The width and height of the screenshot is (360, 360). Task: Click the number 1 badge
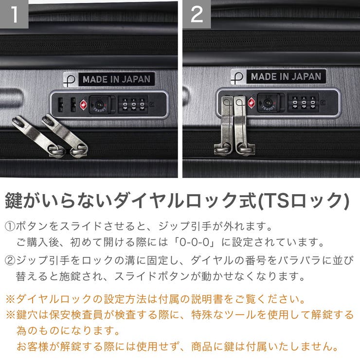(x=14, y=14)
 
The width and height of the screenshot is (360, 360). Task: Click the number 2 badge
(x=197, y=14)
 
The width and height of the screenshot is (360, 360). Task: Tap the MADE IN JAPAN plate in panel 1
(x=115, y=79)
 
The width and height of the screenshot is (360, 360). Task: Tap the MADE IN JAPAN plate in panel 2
(x=286, y=76)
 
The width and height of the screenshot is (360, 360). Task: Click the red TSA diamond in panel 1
(x=83, y=104)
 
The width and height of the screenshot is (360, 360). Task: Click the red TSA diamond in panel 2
(x=252, y=102)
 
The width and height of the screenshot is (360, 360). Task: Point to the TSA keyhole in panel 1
(x=99, y=104)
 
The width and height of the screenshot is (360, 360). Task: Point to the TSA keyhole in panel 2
(x=268, y=102)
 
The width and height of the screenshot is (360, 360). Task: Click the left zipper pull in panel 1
(x=38, y=136)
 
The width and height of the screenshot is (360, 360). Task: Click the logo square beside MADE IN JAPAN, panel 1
(x=70, y=79)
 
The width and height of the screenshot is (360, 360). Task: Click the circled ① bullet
(x=10, y=226)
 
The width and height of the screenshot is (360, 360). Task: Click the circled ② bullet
(x=10, y=260)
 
